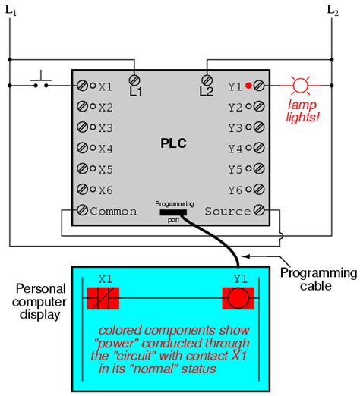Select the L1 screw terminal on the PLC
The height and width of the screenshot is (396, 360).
135,78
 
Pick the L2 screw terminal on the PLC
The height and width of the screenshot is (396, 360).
206,78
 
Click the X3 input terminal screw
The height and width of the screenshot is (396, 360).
82,127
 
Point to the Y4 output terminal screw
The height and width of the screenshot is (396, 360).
260,149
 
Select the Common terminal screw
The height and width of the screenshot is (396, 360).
82,211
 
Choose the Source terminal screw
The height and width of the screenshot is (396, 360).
260,211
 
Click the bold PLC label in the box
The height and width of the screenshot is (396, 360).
173,143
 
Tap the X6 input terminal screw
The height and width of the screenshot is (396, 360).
82,190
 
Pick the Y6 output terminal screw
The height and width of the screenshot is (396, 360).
260,190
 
